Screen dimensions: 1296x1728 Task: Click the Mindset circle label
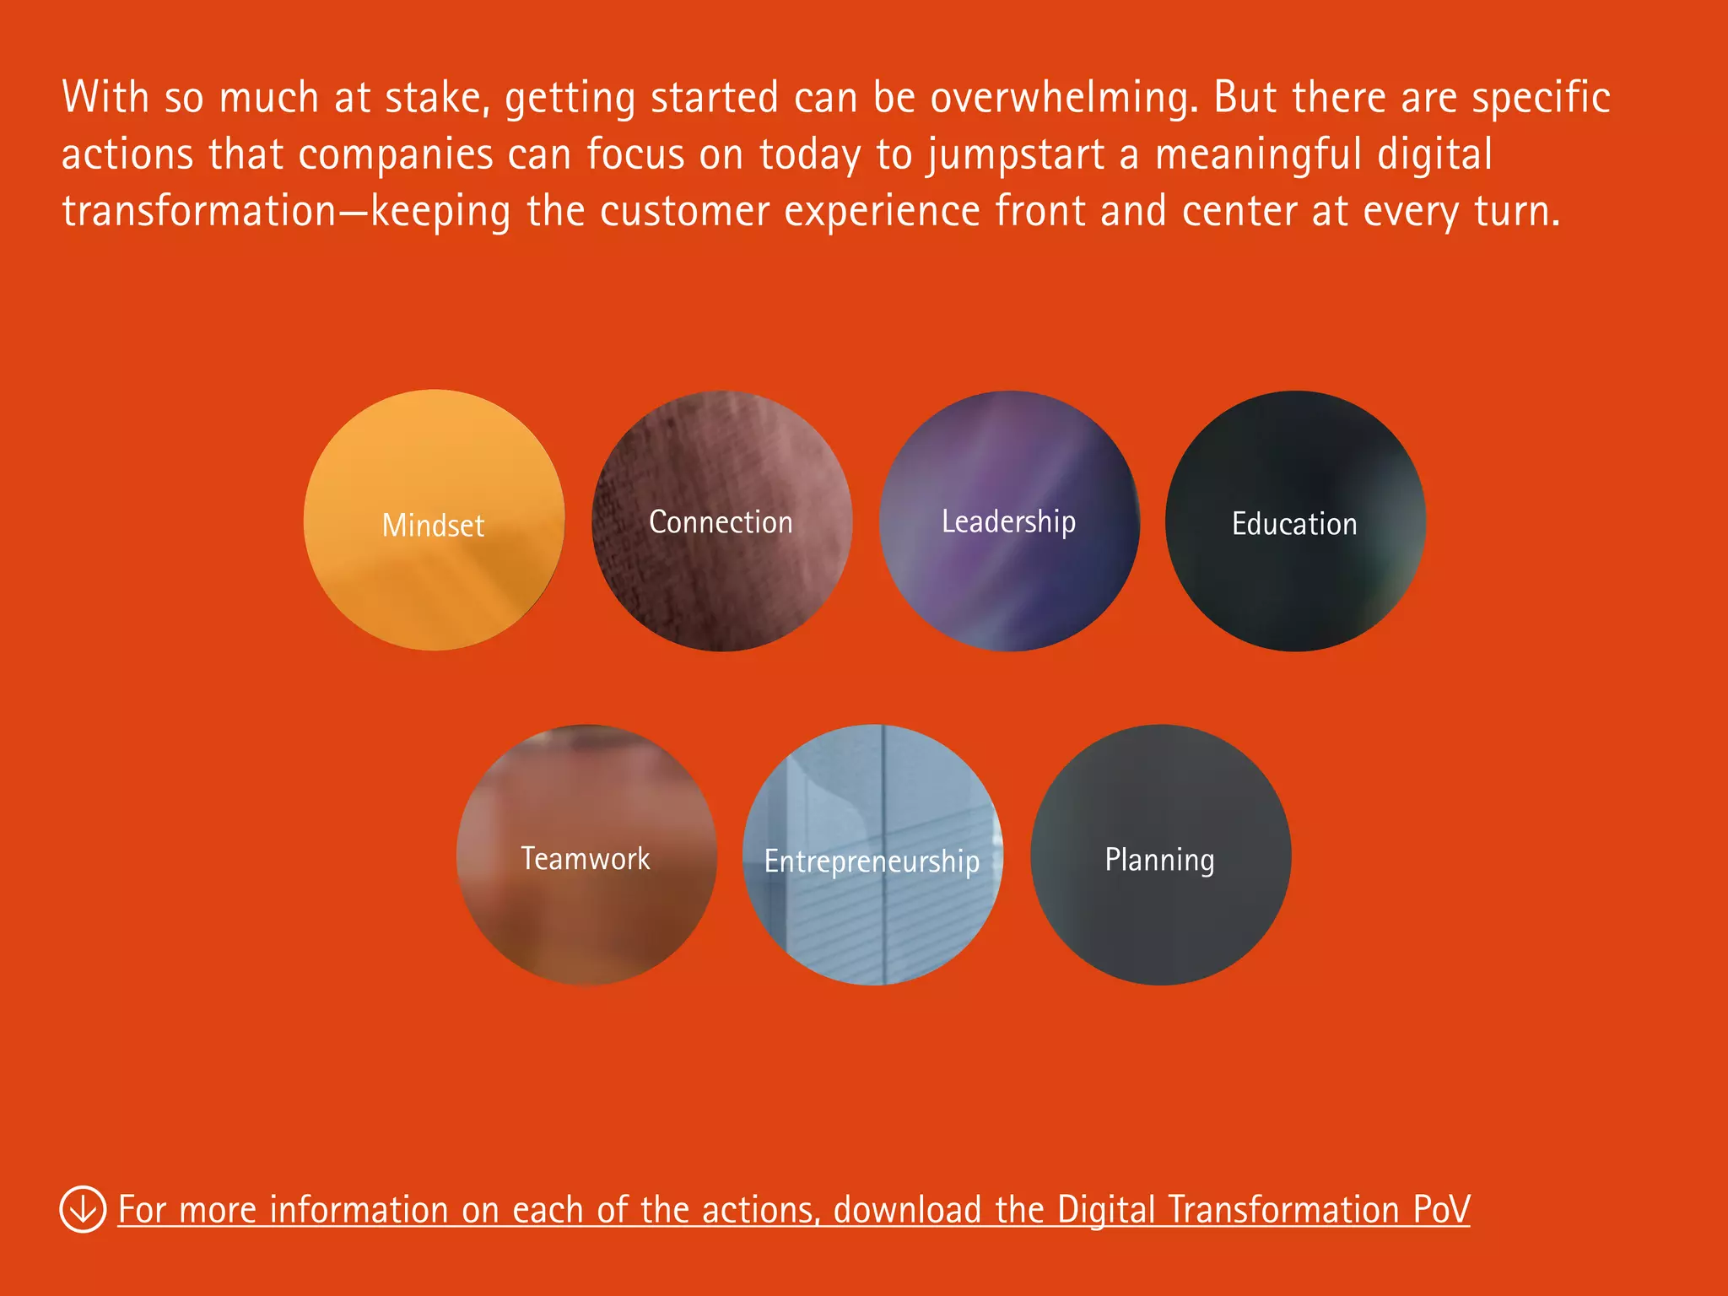click(x=433, y=525)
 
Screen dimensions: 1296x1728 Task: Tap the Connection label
click(x=721, y=522)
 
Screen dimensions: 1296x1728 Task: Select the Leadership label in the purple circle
click(x=1008, y=521)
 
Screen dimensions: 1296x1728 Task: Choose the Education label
click(x=1294, y=524)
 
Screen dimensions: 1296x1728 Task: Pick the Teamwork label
click(x=586, y=858)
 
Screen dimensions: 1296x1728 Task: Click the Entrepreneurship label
click(x=872, y=861)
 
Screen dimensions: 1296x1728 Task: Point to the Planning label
click(x=1159, y=860)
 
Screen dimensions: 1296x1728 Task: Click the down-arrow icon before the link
click(x=83, y=1209)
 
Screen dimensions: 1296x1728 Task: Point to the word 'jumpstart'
click(x=1017, y=155)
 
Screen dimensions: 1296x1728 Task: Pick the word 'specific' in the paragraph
click(x=1541, y=98)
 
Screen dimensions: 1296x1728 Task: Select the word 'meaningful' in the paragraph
click(x=1258, y=155)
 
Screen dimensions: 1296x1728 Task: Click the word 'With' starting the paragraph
click(x=105, y=98)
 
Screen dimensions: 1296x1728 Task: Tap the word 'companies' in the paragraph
click(x=395, y=155)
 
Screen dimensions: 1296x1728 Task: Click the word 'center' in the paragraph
click(x=1239, y=211)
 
